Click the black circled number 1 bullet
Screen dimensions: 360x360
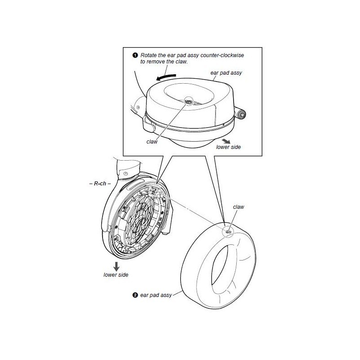135,55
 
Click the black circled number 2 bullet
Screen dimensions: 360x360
135,295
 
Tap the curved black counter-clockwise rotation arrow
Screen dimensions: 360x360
166,77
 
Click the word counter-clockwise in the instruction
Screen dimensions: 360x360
222,55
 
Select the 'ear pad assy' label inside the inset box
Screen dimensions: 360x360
226,73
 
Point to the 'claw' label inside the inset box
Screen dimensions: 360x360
152,142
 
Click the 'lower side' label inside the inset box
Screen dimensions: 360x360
229,147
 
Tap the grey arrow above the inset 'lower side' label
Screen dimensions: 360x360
226,141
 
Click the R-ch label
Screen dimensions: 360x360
100,184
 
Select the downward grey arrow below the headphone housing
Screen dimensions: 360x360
117,266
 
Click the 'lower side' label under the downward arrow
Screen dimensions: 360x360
116,275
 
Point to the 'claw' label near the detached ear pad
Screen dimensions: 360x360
238,207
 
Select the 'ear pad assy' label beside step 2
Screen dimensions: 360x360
156,295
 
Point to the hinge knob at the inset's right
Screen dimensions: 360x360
241,114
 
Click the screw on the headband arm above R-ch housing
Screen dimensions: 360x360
126,173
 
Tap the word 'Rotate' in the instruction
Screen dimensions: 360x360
148,55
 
